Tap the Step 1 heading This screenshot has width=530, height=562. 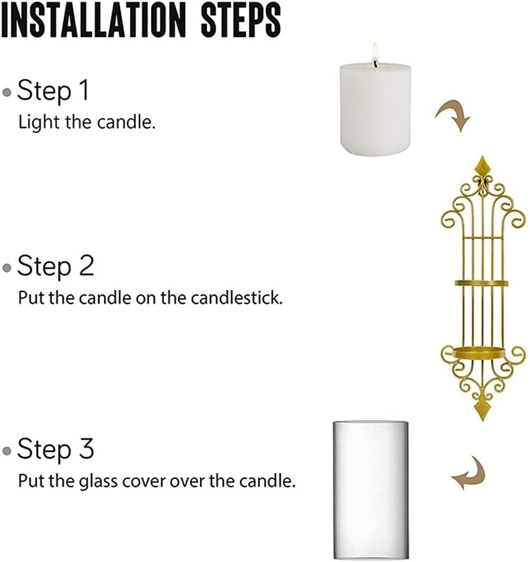(x=53, y=91)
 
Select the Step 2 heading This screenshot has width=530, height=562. (x=55, y=266)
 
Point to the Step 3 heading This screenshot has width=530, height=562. (x=55, y=449)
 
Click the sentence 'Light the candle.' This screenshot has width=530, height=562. (x=87, y=122)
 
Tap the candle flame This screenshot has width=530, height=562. (x=375, y=52)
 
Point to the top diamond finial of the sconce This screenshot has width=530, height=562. (x=482, y=166)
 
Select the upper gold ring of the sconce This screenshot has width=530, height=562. (x=481, y=283)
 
